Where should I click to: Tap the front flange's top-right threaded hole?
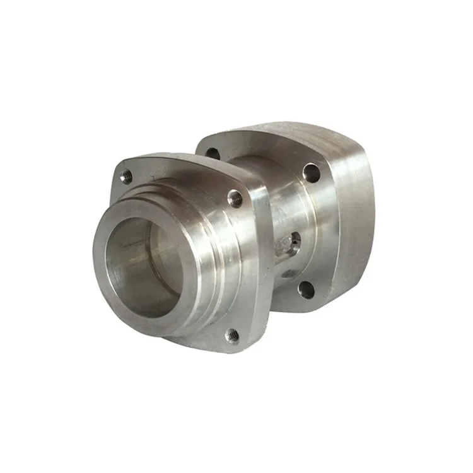[235, 197]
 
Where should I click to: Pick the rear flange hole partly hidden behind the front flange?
[213, 153]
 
